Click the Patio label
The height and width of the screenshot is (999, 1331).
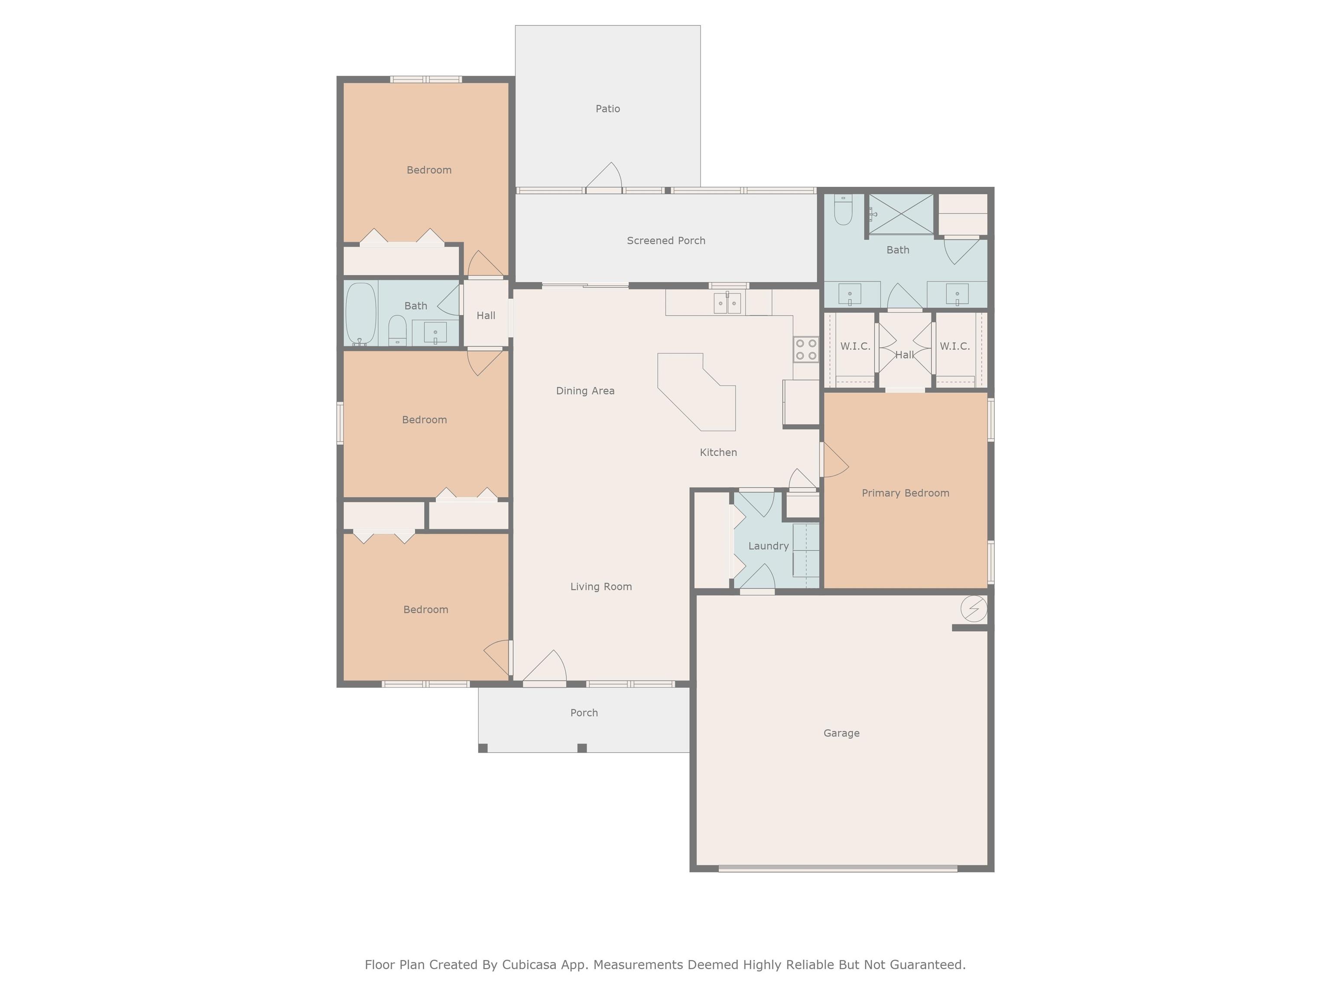(608, 109)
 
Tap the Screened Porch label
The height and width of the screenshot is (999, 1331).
(666, 241)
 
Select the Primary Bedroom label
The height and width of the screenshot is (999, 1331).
(906, 493)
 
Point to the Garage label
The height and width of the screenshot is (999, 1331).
(841, 733)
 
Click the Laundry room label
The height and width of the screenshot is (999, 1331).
(768, 546)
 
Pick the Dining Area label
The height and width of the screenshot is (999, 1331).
(585, 391)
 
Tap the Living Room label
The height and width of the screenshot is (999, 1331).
(601, 587)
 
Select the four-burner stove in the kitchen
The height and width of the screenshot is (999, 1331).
(806, 349)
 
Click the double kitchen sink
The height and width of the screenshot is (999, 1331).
(727, 303)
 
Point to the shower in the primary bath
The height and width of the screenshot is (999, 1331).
(901, 214)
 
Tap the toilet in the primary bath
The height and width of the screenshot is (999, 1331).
(844, 209)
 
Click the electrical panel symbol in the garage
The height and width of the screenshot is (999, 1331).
(974, 609)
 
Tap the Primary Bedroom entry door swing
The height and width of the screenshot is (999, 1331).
(834, 460)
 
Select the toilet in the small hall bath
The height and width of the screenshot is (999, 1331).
(398, 330)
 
